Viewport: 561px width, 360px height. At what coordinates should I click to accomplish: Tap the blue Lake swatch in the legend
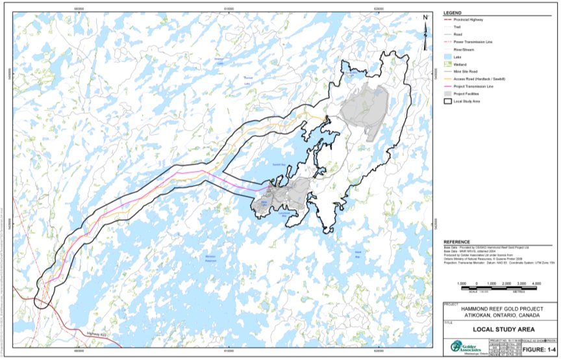pyautogui.click(x=448, y=57)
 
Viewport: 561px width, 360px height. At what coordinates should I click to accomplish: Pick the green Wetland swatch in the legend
pyautogui.click(x=448, y=64)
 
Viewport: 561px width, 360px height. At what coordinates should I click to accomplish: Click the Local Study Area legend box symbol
pyautogui.click(x=448, y=101)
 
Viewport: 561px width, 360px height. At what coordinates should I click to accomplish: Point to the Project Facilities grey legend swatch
pyautogui.click(x=448, y=93)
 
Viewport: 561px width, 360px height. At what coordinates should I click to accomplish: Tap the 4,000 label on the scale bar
pyautogui.click(x=537, y=284)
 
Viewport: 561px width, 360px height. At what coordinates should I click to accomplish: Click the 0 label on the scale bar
pyautogui.click(x=477, y=284)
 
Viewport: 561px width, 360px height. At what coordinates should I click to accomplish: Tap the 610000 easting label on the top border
pyautogui.click(x=229, y=8)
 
